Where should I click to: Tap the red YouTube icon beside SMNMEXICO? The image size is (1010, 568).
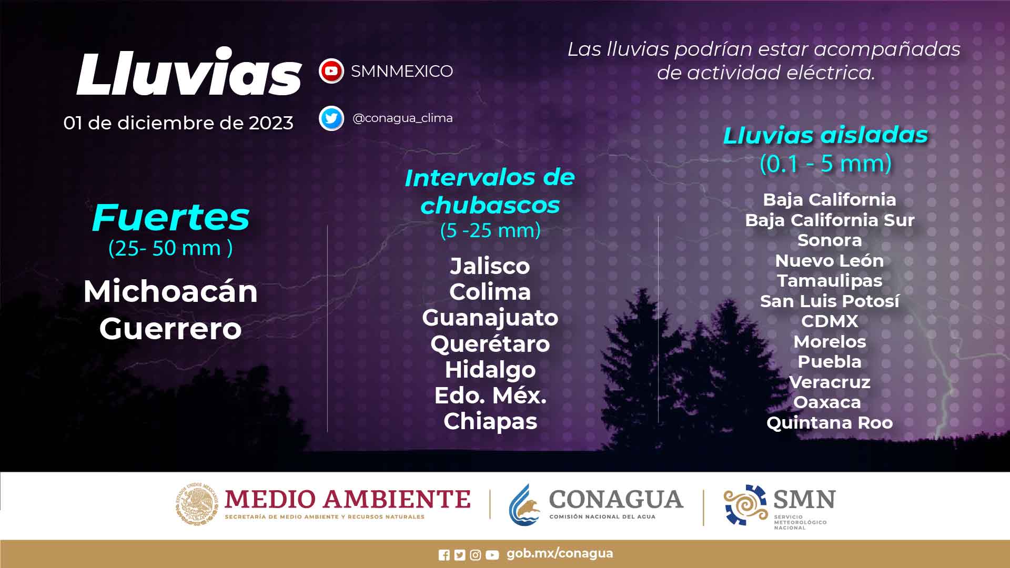click(331, 71)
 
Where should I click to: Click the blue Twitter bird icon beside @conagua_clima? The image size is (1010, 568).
click(331, 118)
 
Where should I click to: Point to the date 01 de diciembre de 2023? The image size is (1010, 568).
click(178, 123)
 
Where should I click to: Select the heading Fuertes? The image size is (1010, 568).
click(170, 217)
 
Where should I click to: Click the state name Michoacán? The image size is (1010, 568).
click(170, 291)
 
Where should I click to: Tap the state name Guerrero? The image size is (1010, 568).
click(170, 329)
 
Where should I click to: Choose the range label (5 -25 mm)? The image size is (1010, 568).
click(490, 230)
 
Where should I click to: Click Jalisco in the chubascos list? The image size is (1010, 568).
click(490, 266)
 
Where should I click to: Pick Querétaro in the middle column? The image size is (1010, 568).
click(490, 344)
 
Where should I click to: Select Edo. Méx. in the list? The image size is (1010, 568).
click(490, 395)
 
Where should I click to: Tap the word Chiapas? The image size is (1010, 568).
click(490, 422)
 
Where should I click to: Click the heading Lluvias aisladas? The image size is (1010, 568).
click(825, 135)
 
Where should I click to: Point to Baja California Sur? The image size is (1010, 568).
click(830, 220)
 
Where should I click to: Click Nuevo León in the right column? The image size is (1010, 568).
click(830, 260)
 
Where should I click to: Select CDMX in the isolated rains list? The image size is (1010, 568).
click(830, 321)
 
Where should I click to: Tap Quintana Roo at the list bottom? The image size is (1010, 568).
click(830, 422)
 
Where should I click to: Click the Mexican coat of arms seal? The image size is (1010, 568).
click(197, 504)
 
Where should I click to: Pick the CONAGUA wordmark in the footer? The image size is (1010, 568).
click(616, 499)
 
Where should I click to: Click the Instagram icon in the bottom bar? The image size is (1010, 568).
click(476, 555)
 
